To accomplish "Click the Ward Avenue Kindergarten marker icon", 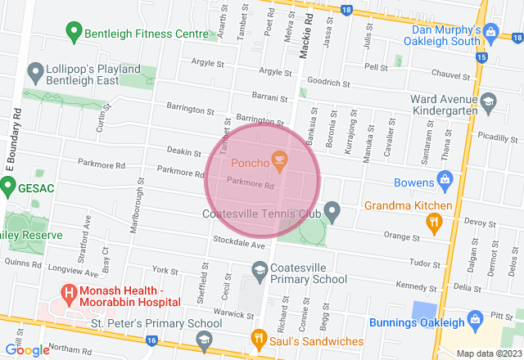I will tap(489, 102).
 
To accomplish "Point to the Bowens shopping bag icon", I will tap(445, 178).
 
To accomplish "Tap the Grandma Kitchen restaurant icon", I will tap(434, 220).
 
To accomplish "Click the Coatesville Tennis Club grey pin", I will tap(332, 213).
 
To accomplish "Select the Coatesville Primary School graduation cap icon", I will tap(259, 271).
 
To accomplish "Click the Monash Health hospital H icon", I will tap(69, 292).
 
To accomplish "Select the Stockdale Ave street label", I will tap(240, 245).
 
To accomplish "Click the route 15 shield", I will tap(481, 57).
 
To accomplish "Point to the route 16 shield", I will tap(151, 339).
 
